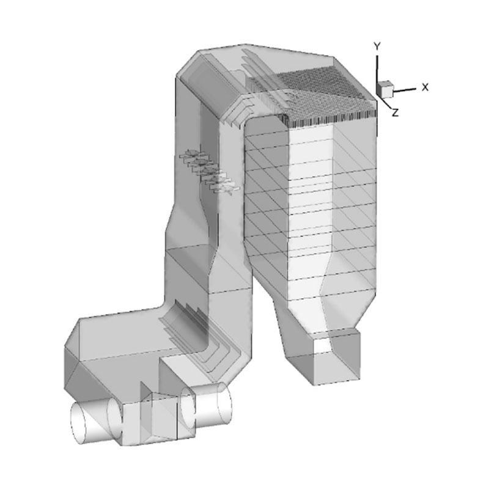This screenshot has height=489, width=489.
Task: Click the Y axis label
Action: coord(377,47)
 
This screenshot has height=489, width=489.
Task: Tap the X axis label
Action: coord(425,87)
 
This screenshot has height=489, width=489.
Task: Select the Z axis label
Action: coord(395,112)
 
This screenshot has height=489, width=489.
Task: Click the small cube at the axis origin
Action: coord(384,89)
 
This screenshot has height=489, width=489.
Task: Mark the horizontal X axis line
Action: coord(405,90)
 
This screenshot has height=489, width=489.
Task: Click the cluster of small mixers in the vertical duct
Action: coord(210,171)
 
